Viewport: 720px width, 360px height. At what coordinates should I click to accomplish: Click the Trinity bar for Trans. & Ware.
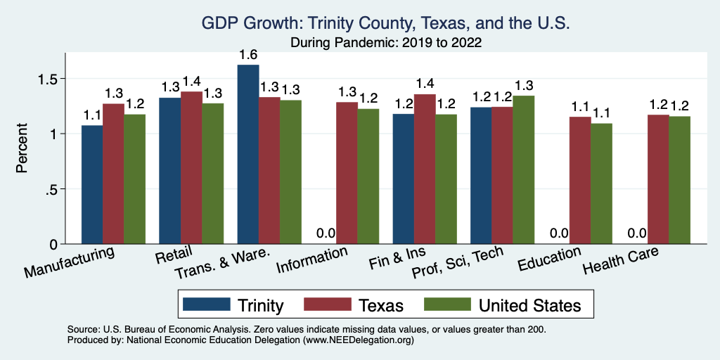pyautogui.click(x=248, y=155)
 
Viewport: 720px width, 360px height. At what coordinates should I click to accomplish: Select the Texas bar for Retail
pyautogui.click(x=192, y=168)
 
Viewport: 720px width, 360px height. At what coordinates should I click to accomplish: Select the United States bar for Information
pyautogui.click(x=368, y=176)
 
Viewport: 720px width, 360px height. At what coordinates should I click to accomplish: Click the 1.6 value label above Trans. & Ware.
pyautogui.click(x=248, y=54)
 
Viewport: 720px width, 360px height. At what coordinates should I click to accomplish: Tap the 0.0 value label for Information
pyautogui.click(x=325, y=233)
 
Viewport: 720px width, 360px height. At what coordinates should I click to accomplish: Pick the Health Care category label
pyautogui.click(x=621, y=264)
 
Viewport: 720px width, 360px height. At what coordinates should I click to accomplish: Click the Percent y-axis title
pyautogui.click(x=22, y=150)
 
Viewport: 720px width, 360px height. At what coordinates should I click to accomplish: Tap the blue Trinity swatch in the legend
pyautogui.click(x=207, y=304)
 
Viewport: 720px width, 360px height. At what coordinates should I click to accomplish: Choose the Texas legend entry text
pyautogui.click(x=379, y=305)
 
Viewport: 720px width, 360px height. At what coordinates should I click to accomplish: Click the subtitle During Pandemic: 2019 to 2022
pyautogui.click(x=385, y=42)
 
